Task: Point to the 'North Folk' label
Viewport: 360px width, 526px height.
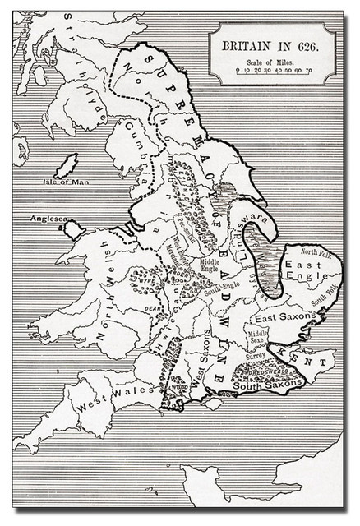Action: (316, 251)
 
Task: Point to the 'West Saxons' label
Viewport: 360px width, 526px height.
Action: (200, 365)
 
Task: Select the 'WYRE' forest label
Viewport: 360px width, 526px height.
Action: (147, 279)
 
